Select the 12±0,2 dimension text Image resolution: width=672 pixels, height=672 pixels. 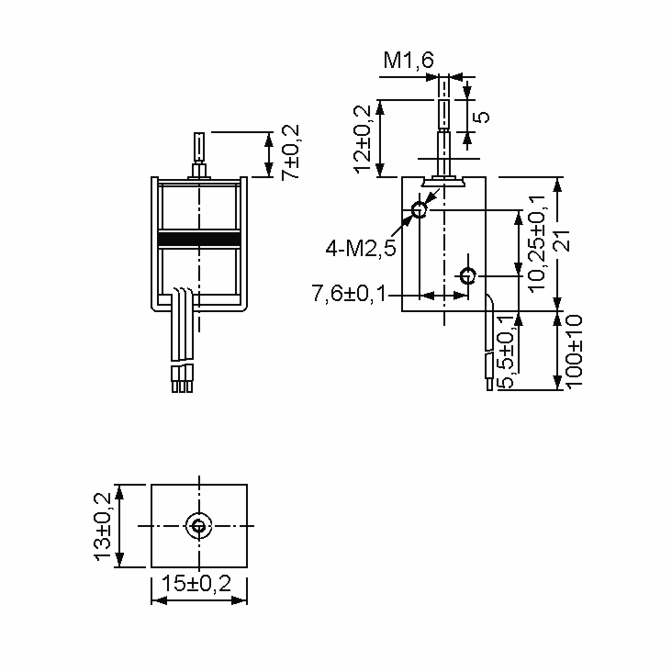(x=362, y=139)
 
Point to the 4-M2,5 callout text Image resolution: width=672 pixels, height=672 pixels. (x=360, y=249)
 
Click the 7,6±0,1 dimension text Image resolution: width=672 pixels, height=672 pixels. (x=349, y=293)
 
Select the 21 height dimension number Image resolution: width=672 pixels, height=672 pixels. (x=563, y=240)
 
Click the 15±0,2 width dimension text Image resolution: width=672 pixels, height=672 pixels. (x=197, y=583)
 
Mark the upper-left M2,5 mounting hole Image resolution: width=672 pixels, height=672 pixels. (x=419, y=210)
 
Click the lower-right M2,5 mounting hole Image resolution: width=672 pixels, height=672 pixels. (x=468, y=276)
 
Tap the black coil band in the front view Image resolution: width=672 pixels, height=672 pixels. (x=199, y=239)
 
